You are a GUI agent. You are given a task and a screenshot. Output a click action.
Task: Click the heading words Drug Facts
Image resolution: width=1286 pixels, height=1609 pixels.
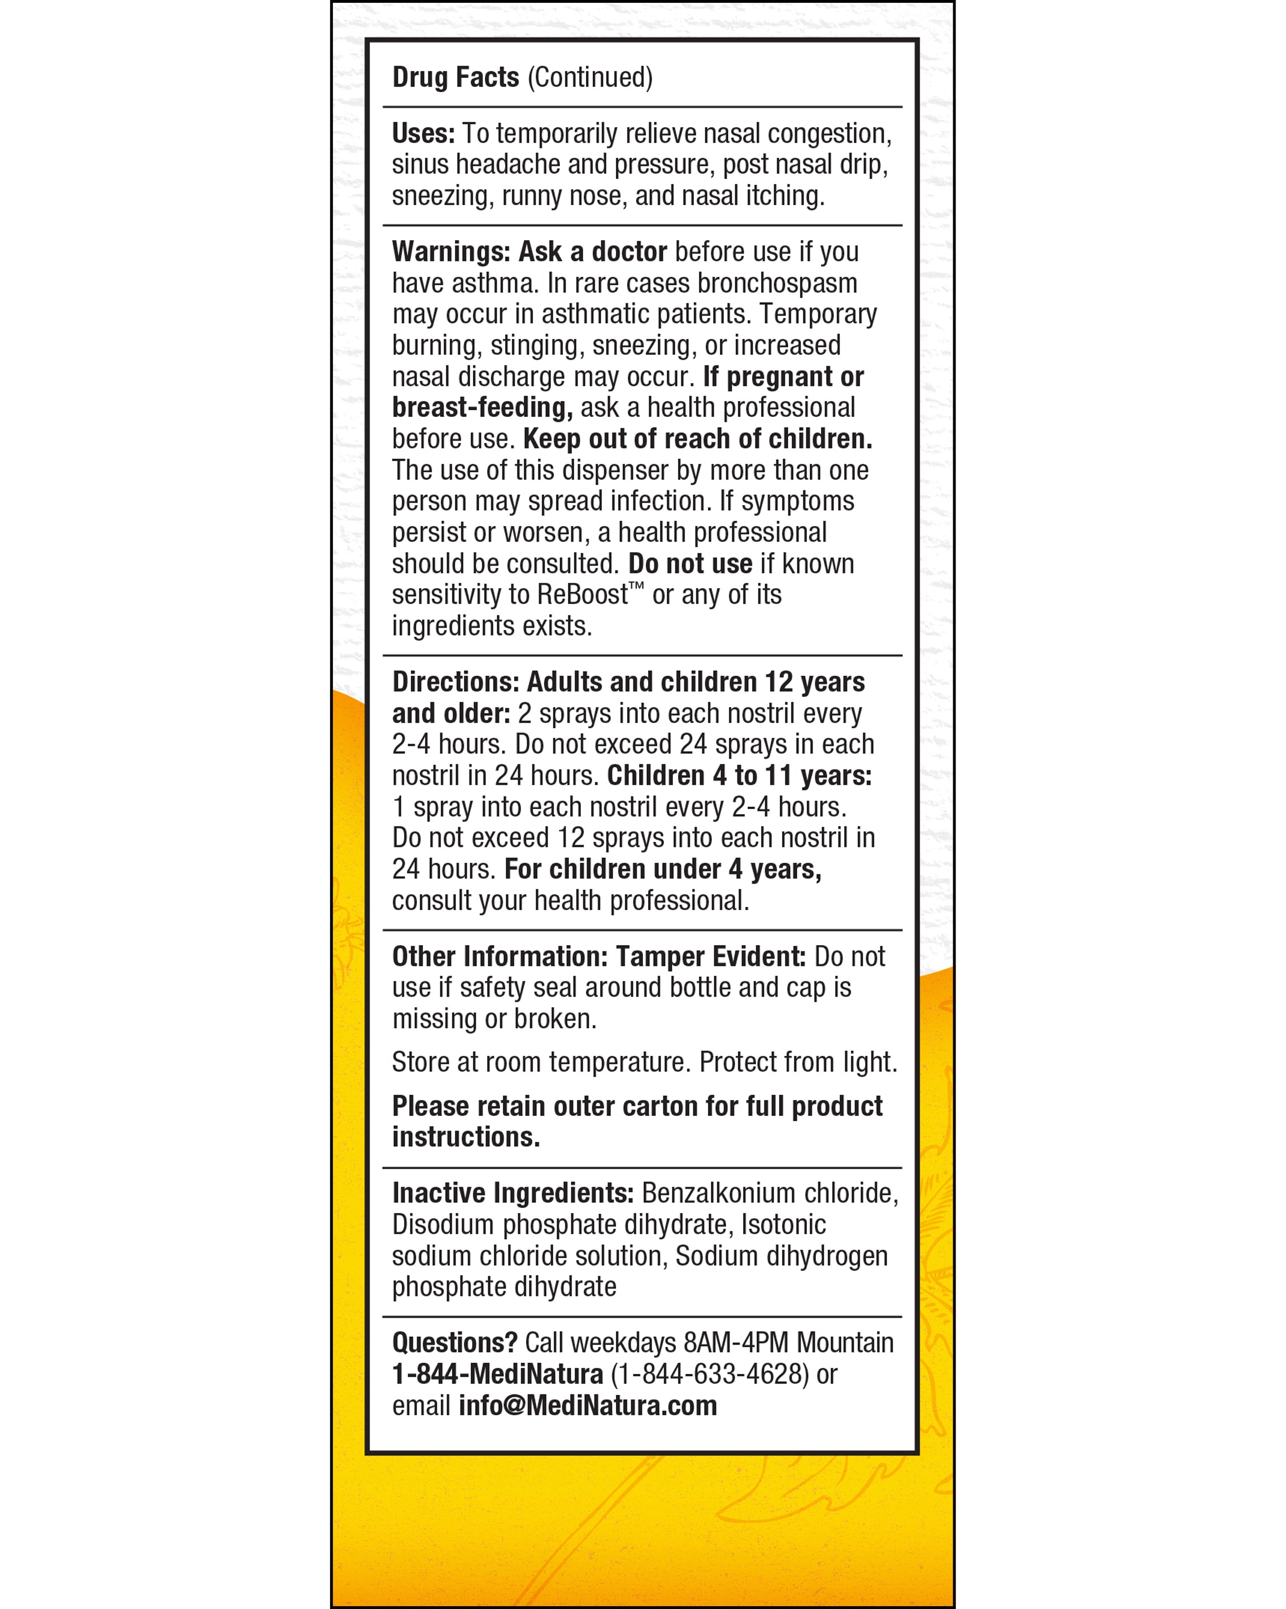455,77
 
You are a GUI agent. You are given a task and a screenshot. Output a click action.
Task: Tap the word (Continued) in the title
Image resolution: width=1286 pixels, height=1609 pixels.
590,77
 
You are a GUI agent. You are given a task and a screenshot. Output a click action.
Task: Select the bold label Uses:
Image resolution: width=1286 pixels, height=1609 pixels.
423,133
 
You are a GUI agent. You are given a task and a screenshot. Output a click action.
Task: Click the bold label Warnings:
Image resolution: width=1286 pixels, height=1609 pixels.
451,252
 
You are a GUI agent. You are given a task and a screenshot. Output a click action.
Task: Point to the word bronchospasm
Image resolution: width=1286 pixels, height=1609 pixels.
777,284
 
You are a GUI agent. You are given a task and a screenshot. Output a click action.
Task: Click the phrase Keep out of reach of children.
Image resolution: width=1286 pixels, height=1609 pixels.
697,439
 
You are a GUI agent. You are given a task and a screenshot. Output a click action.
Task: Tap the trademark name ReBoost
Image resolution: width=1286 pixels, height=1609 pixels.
583,595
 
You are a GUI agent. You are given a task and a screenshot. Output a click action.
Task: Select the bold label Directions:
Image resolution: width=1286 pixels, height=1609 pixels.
456,682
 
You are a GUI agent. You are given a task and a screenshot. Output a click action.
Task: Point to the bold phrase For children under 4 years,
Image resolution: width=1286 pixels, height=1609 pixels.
663,869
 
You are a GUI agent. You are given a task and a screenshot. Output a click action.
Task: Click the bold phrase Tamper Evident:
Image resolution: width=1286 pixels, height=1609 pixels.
710,956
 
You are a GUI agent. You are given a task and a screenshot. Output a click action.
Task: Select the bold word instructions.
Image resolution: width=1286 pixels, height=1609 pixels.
466,1137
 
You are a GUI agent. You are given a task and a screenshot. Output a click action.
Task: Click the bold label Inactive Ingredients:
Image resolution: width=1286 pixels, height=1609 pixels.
512,1193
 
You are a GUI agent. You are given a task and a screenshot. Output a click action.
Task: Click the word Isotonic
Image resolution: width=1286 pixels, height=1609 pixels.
783,1225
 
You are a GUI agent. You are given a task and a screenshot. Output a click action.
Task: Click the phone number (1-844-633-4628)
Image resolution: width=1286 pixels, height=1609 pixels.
710,1374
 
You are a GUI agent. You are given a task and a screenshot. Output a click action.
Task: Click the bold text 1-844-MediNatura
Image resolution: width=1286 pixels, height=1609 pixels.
497,1374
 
